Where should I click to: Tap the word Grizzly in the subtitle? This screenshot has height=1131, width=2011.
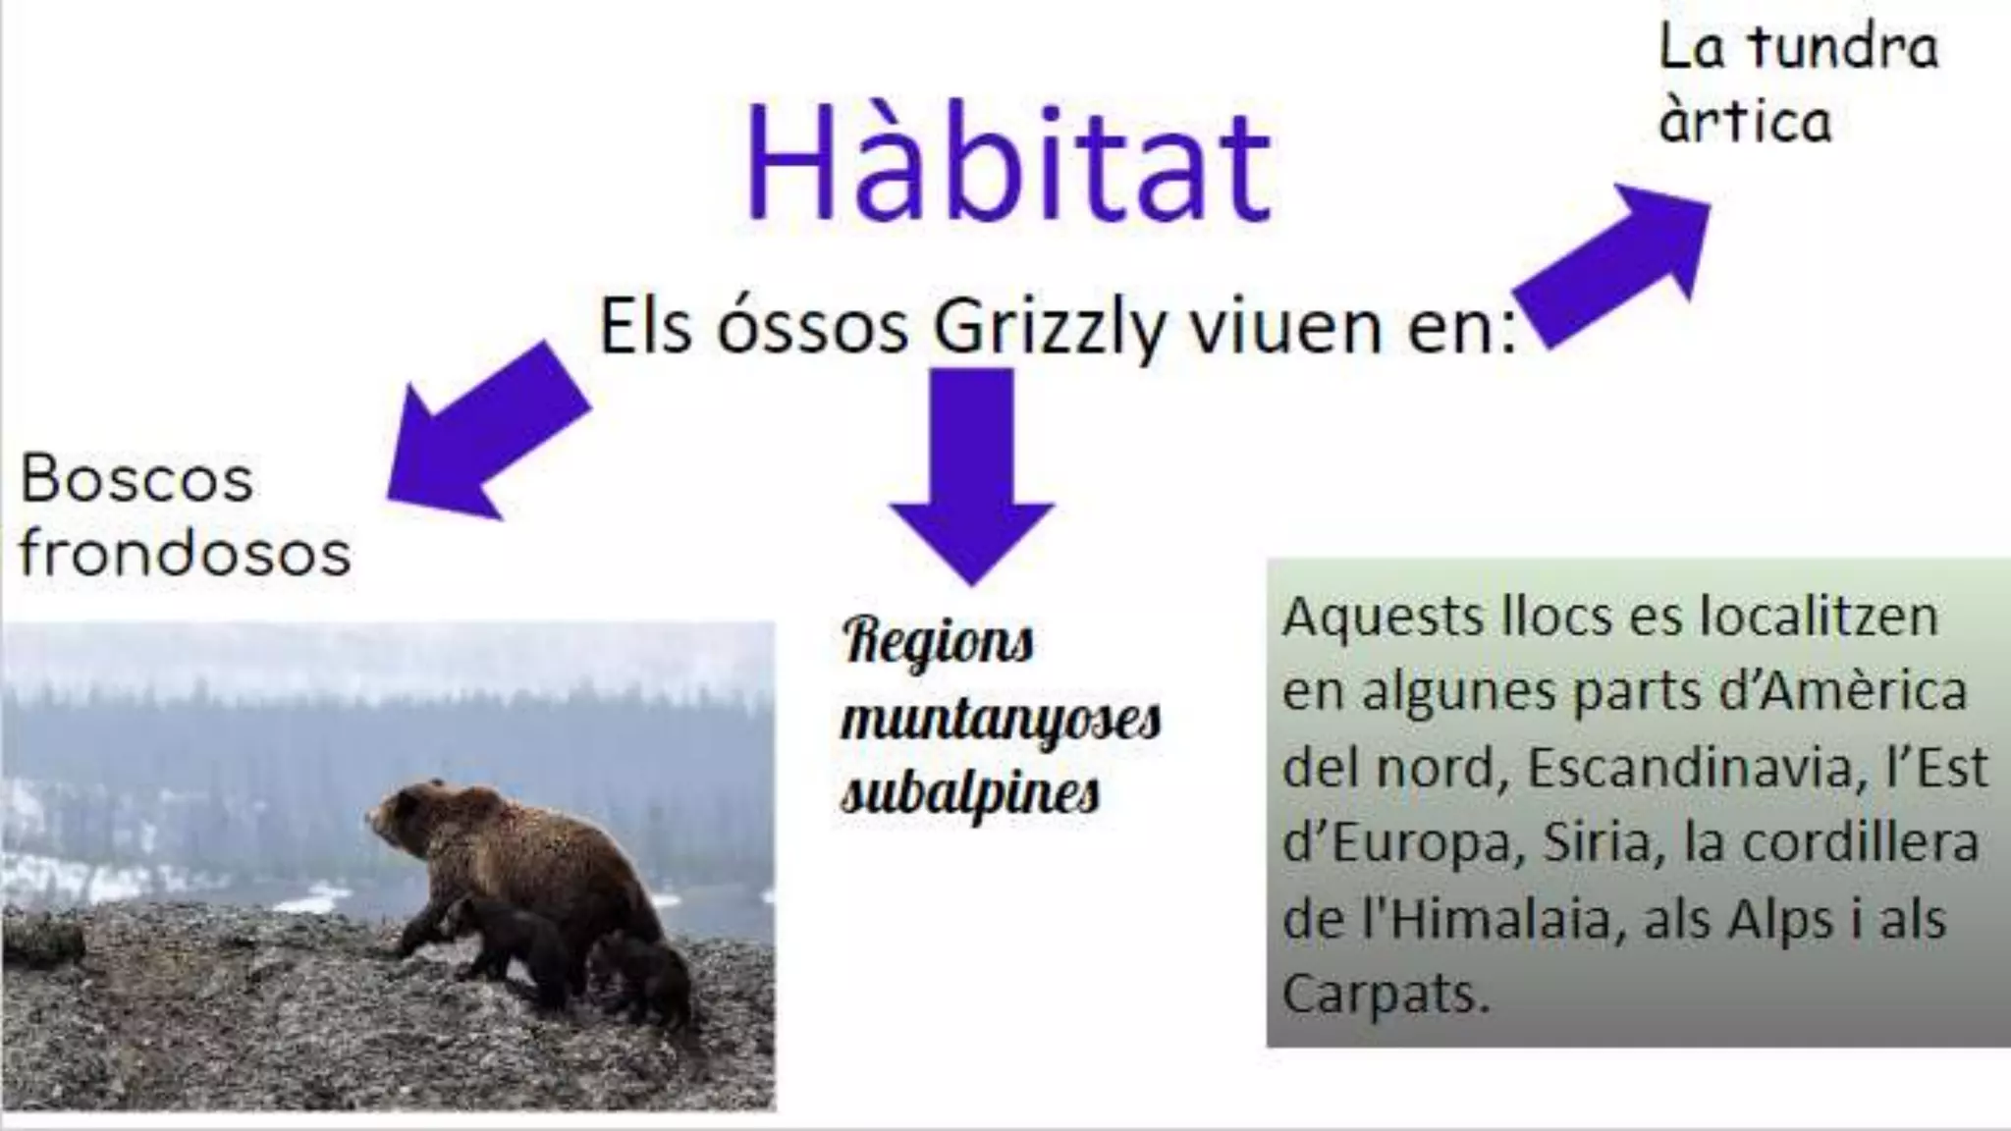pyautogui.click(x=1050, y=327)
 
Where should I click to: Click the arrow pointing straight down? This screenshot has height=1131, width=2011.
pyautogui.click(x=972, y=472)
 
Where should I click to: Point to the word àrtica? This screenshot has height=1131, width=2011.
pyautogui.click(x=1745, y=121)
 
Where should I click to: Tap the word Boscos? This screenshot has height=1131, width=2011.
pyautogui.click(x=136, y=479)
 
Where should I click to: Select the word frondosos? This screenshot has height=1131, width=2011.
pyautogui.click(x=185, y=552)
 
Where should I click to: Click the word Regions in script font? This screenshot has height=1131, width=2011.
pyautogui.click(x=938, y=643)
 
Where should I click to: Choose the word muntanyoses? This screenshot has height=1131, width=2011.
pyautogui.click(x=1001, y=720)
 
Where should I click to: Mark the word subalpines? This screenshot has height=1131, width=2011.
pyautogui.click(x=970, y=793)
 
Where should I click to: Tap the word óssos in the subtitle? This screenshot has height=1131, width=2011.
pyautogui.click(x=812, y=327)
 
